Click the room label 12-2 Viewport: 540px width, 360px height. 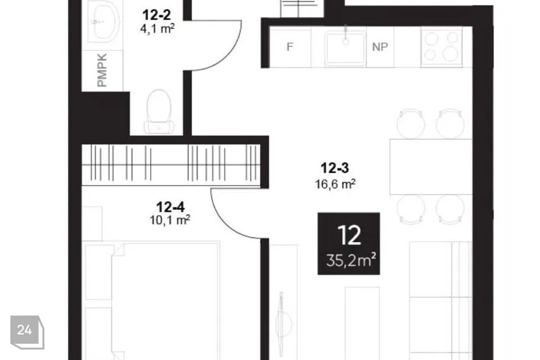156,15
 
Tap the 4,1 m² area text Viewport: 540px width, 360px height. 157,29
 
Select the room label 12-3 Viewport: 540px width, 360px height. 335,168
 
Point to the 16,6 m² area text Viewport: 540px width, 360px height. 335,184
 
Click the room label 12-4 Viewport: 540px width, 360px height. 170,207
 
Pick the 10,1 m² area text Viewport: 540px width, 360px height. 170,220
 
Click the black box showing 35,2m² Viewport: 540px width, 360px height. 349,244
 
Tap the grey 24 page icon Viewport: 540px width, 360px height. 27,332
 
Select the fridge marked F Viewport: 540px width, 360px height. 290,47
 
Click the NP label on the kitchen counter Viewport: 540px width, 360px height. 380,47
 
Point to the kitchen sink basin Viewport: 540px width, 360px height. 345,48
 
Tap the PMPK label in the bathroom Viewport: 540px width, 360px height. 102,70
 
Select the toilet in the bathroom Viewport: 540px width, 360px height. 159,112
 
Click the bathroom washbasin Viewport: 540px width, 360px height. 104,21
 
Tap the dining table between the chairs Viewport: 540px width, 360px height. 431,166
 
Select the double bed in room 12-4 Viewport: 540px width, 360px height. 165,300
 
